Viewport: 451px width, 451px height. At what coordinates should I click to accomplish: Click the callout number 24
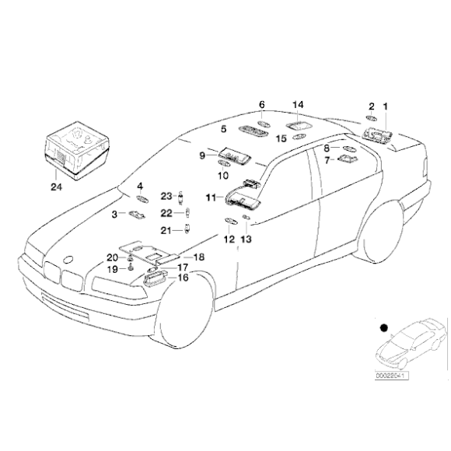54,187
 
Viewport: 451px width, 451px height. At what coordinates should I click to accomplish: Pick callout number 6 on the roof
261,104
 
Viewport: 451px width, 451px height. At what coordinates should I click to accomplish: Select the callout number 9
201,156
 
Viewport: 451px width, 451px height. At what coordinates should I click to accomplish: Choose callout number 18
198,257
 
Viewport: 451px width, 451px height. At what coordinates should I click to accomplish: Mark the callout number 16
184,277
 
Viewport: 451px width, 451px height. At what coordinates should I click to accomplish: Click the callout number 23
166,196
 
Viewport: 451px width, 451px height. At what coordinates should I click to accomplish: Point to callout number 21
166,229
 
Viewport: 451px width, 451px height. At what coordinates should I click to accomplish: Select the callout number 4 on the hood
140,187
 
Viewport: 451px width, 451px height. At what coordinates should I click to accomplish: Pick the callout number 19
112,268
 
